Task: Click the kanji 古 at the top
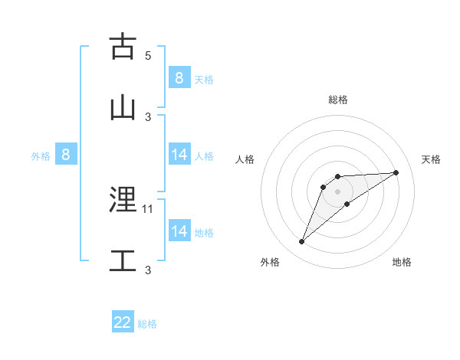123,47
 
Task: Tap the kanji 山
123,107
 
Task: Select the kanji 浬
123,201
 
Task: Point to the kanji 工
123,260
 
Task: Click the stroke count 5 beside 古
148,56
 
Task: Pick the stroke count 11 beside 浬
148,208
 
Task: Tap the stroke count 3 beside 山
148,116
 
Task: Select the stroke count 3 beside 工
148,270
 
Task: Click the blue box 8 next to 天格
179,78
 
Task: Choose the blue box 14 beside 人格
179,155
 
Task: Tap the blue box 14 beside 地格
179,231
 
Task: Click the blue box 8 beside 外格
66,155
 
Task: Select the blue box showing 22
123,322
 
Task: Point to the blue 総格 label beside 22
147,324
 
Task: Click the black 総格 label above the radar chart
337,100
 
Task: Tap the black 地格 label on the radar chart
402,262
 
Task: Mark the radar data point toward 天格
396,172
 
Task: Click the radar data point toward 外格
302,242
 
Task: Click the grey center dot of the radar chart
337,191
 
